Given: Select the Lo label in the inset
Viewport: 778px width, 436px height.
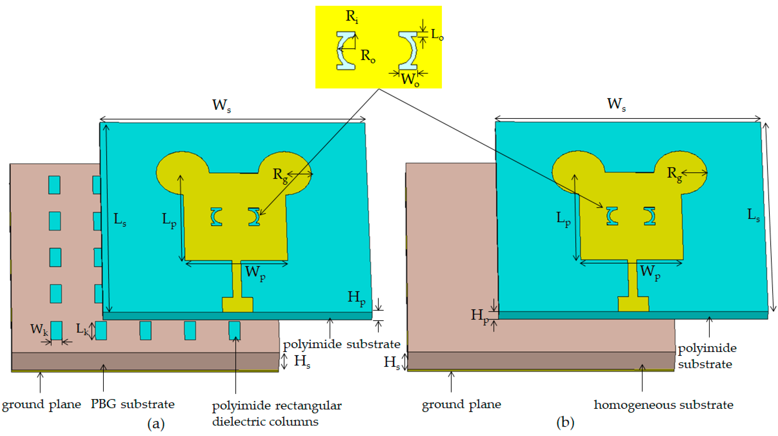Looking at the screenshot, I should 437,35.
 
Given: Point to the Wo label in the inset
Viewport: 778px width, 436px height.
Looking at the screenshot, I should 410,80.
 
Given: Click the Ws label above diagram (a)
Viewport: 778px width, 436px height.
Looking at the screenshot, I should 221,105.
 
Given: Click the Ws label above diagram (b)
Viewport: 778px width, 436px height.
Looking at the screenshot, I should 616,104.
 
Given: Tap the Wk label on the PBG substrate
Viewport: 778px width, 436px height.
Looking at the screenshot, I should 39,329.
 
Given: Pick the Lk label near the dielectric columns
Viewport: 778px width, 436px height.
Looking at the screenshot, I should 82,329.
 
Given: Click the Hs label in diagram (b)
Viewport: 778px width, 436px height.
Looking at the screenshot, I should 392,362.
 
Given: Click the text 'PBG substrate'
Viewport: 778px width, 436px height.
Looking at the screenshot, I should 133,404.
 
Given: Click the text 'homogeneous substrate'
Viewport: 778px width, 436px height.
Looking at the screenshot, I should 663,405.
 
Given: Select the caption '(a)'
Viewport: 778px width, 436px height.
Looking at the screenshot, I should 156,423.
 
